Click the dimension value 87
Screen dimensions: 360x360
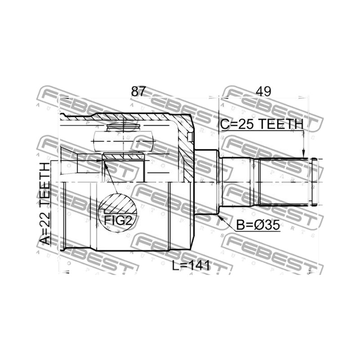139,91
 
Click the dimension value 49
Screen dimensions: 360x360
264,91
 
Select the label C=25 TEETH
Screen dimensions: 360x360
262,124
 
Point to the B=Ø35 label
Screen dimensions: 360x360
258,225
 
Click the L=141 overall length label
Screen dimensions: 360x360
191,266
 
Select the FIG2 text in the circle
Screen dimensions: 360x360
118,220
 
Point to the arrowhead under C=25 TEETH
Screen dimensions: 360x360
303,154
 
